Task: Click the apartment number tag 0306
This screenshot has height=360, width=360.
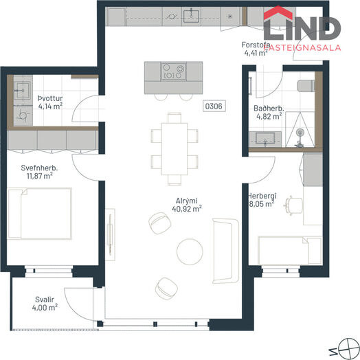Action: point(214,106)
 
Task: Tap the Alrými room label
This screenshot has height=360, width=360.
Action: point(186,201)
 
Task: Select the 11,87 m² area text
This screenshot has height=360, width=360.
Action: point(39,176)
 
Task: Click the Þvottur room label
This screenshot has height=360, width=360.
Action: point(50,98)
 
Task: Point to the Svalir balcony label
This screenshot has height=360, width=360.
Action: point(45,300)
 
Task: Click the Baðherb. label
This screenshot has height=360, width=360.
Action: point(269,108)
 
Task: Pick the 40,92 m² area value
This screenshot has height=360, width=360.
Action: point(187,209)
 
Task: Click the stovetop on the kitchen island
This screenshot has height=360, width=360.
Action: point(173,71)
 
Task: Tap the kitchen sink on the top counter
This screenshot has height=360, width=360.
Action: point(191,16)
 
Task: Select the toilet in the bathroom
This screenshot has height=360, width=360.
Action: point(306,86)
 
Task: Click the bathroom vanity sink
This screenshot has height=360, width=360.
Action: point(265,139)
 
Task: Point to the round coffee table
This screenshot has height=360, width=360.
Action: point(190,252)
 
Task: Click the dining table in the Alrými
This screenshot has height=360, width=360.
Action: point(175,149)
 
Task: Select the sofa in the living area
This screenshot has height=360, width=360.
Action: point(226,251)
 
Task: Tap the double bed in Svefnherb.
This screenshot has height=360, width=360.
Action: point(40,214)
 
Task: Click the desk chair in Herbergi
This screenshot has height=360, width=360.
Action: point(293,205)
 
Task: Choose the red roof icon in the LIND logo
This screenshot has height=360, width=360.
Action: point(278,13)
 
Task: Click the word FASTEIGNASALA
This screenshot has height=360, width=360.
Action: point(302,47)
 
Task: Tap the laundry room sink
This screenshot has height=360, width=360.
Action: point(23,91)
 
